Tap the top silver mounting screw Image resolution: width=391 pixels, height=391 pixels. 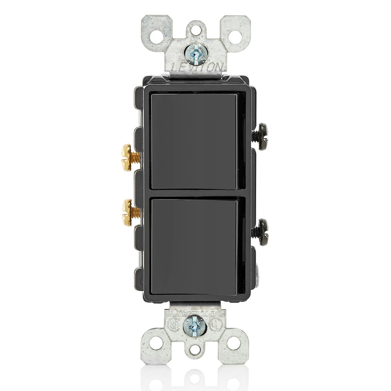[x=195, y=54]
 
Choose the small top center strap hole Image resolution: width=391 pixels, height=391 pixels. [x=195, y=29]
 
